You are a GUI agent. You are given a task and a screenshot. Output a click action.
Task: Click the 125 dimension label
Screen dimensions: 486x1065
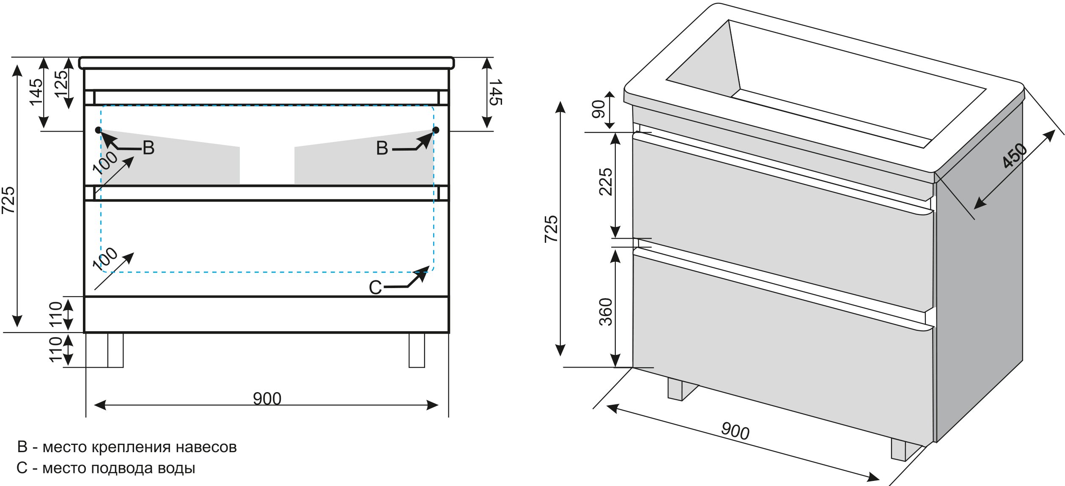click(x=61, y=83)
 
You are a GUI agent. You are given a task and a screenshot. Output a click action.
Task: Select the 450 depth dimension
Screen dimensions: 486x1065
click(x=1014, y=155)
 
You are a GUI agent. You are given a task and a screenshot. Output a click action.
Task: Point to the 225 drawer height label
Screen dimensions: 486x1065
click(x=606, y=182)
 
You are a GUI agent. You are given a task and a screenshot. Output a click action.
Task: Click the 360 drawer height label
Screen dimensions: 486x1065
click(x=606, y=312)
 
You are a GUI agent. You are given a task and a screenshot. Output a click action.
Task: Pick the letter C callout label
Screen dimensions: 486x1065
click(x=375, y=288)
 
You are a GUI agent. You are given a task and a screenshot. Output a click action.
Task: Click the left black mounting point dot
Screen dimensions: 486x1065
click(x=99, y=130)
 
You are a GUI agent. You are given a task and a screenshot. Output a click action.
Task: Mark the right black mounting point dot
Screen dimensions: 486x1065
click(x=436, y=130)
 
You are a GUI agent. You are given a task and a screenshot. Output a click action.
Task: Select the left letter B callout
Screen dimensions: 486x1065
click(x=148, y=148)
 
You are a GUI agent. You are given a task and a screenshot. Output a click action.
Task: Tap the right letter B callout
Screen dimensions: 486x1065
click(x=382, y=148)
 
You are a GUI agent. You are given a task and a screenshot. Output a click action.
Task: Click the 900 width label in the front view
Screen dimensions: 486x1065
click(x=267, y=398)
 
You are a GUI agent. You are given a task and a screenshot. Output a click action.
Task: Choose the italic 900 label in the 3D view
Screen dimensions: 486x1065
click(x=735, y=431)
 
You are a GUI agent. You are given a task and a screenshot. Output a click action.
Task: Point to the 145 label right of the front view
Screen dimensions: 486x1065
click(x=495, y=92)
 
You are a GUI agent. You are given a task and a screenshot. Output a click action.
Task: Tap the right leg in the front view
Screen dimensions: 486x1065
click(x=417, y=350)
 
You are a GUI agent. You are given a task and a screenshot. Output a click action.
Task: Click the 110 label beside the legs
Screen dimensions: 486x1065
click(x=56, y=349)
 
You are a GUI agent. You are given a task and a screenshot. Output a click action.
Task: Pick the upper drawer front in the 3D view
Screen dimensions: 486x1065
click(x=782, y=220)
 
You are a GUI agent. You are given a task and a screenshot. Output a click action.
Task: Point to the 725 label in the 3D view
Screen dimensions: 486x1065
click(x=551, y=229)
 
